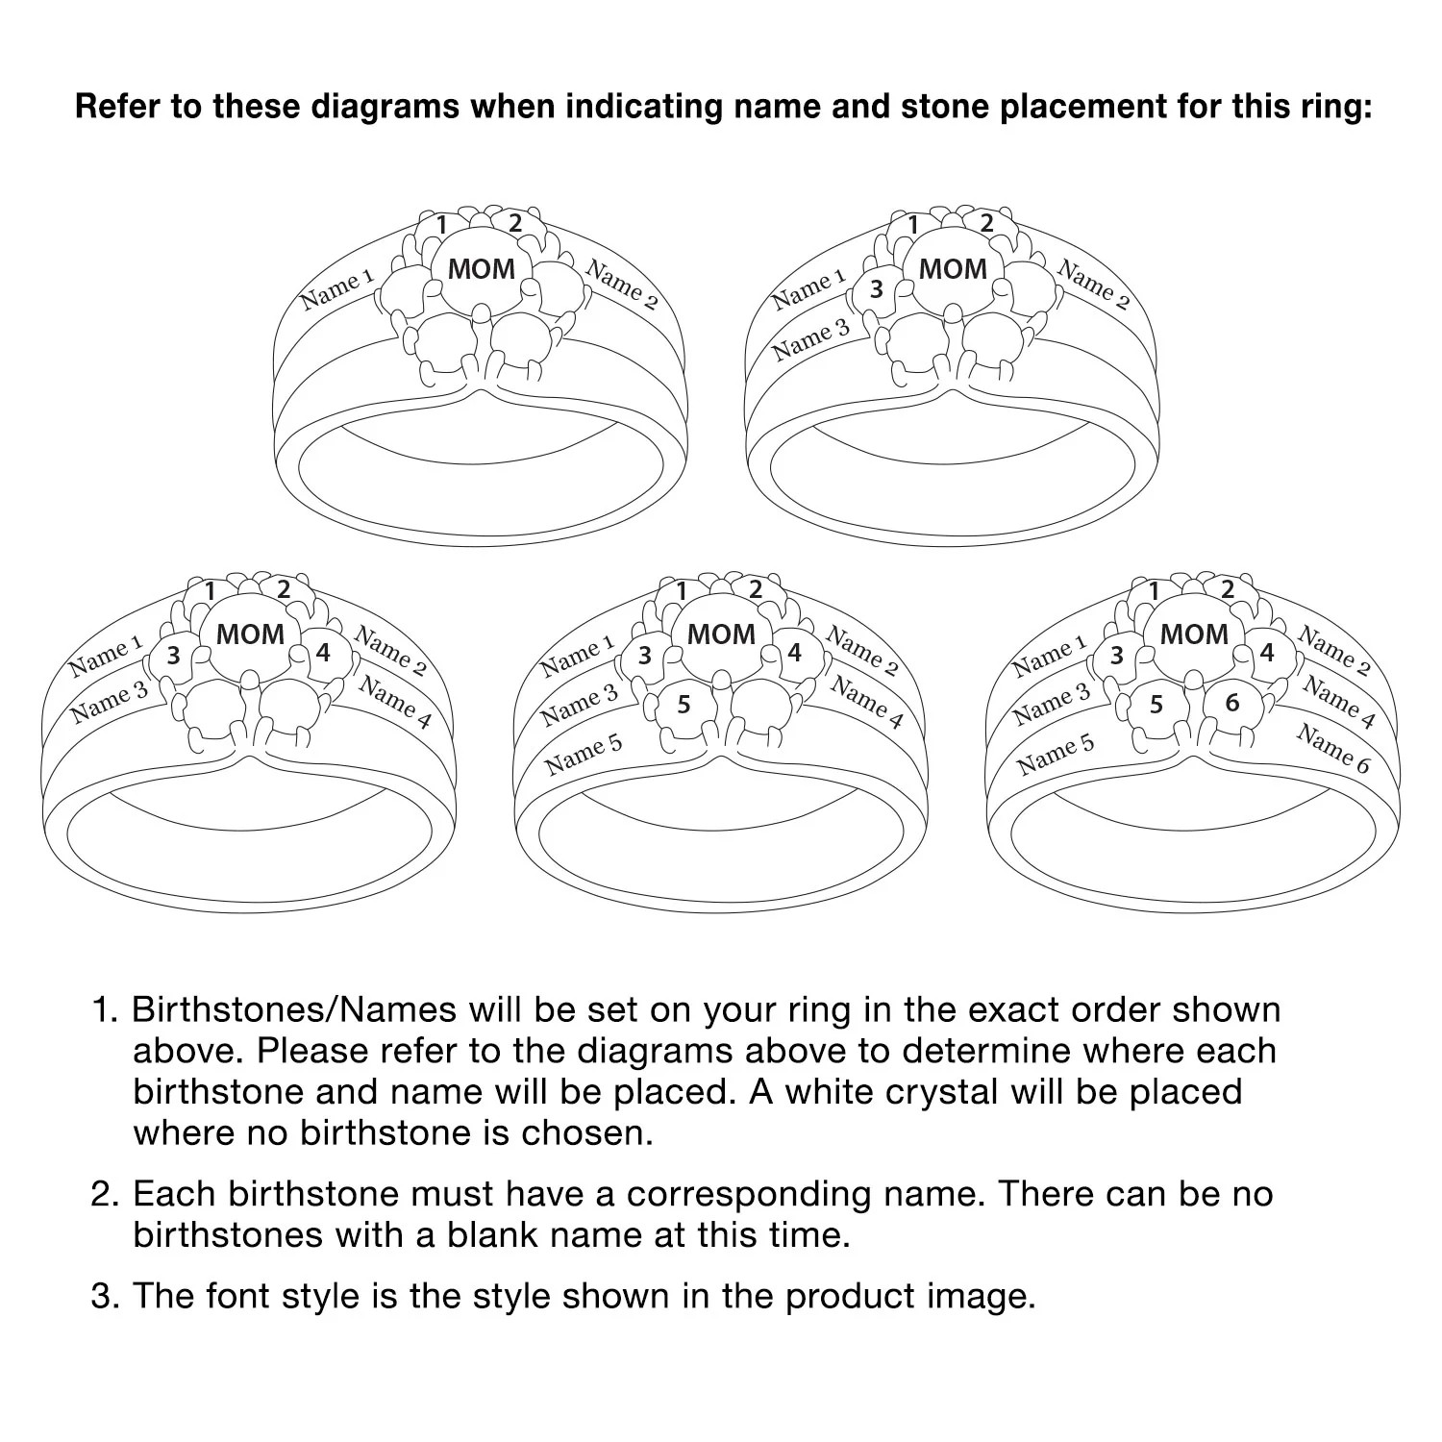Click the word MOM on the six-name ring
(x=1194, y=634)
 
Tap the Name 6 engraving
(x=1332, y=749)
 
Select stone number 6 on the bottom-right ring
(x=1232, y=703)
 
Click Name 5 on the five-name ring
(x=584, y=756)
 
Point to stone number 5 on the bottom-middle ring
(x=684, y=705)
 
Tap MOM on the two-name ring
(x=482, y=269)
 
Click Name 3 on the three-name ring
(x=812, y=339)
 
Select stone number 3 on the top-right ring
(x=876, y=288)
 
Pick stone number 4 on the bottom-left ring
(x=323, y=653)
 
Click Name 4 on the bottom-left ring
(x=395, y=703)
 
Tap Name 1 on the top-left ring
(x=336, y=289)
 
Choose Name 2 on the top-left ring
(x=622, y=285)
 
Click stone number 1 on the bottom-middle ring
(x=682, y=589)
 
